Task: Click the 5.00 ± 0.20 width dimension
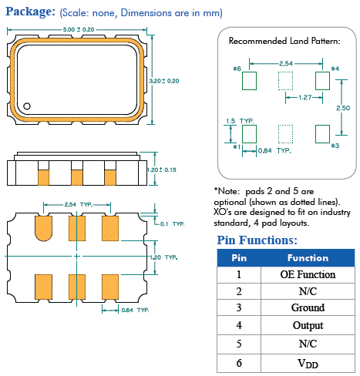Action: [x=79, y=29]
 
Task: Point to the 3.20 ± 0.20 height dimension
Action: [x=164, y=81]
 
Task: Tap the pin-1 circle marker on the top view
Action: [x=27, y=106]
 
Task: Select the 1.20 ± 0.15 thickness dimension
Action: [x=162, y=170]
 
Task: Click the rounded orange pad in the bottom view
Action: [x=43, y=228]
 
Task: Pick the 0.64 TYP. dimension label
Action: [x=135, y=310]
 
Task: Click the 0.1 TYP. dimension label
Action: [x=172, y=224]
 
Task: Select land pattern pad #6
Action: [x=249, y=81]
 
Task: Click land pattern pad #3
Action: [x=322, y=134]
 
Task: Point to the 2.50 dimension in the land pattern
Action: [x=343, y=108]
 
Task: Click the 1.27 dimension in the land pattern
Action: [x=305, y=97]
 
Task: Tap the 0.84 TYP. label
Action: [x=274, y=150]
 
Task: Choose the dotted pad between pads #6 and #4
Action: [x=285, y=81]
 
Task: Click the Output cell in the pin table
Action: [x=308, y=325]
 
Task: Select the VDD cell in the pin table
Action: [x=308, y=363]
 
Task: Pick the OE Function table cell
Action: [x=308, y=274]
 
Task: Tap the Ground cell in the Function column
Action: [x=308, y=307]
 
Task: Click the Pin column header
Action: [x=239, y=258]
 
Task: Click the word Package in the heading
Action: [x=30, y=12]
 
